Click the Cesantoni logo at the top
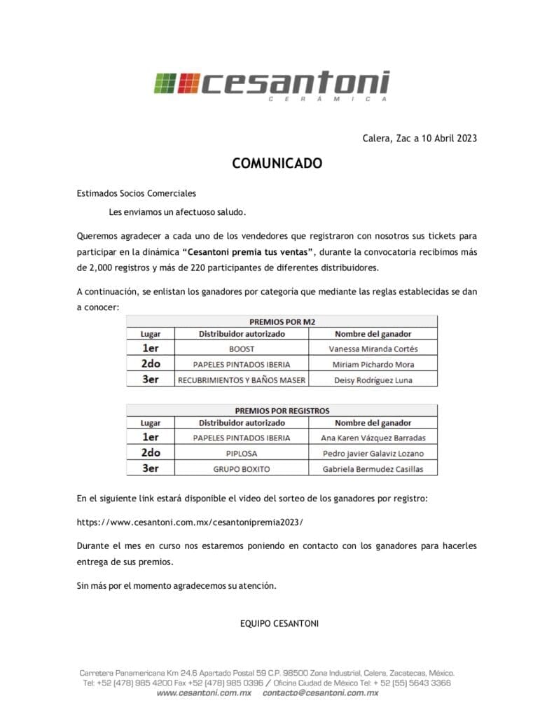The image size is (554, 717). pos(272,85)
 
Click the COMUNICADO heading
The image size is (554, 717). pos(277,163)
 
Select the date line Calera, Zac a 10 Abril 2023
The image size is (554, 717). pos(420,138)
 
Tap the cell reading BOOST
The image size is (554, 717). pos(242,349)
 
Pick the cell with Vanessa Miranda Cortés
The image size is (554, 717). pos(373,349)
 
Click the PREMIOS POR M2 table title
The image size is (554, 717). pos(282,321)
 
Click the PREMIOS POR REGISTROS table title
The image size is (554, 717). pos(282,410)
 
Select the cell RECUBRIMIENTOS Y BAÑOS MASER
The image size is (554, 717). pos(242,380)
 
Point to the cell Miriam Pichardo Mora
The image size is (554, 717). pos(373,365)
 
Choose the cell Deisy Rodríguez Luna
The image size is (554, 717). pos(373,380)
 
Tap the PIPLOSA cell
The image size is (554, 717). pos(242,454)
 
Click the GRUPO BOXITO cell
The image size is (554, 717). pos(242,469)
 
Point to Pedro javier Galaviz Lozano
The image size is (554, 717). pos(373,454)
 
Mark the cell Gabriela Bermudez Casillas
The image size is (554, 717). pos(373,469)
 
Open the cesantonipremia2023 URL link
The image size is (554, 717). pos(191,522)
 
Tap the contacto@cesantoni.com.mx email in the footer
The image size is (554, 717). pos(320,692)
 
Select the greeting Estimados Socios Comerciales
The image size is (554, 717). pos(137,193)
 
